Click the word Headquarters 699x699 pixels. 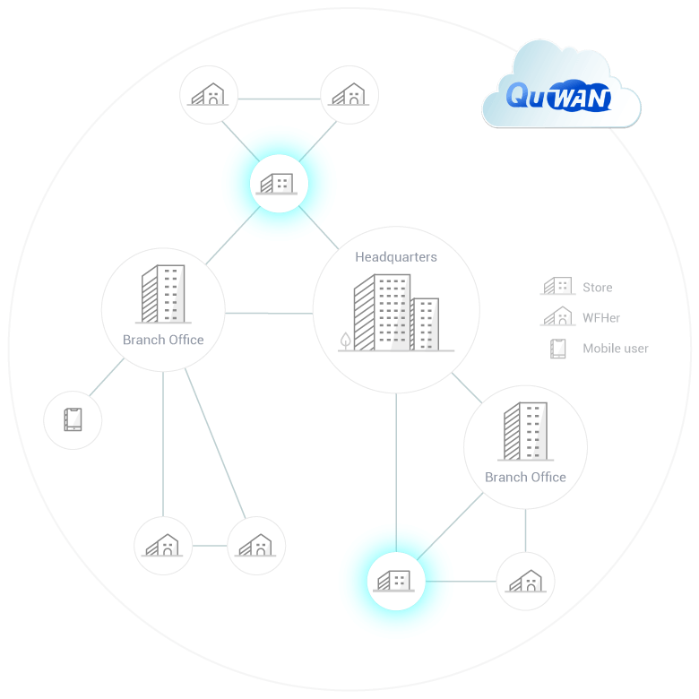coord(396,257)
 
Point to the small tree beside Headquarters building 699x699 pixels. coord(346,340)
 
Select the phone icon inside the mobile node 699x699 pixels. coord(73,419)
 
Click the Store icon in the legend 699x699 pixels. coord(557,287)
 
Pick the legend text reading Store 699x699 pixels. coord(598,288)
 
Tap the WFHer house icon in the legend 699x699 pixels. coord(557,316)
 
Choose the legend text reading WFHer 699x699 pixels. coord(601,318)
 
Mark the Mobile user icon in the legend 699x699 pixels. coord(558,348)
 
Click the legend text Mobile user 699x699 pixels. coord(616,349)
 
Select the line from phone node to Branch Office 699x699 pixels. coord(108,378)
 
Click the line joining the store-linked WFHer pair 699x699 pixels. coord(279,97)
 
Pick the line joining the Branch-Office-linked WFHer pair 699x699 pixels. coord(210,545)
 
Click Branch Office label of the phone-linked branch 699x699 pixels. coord(163,341)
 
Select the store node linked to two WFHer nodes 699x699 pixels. coord(279,184)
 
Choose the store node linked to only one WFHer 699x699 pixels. coord(395,581)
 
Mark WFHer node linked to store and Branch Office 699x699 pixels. coord(525,581)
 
